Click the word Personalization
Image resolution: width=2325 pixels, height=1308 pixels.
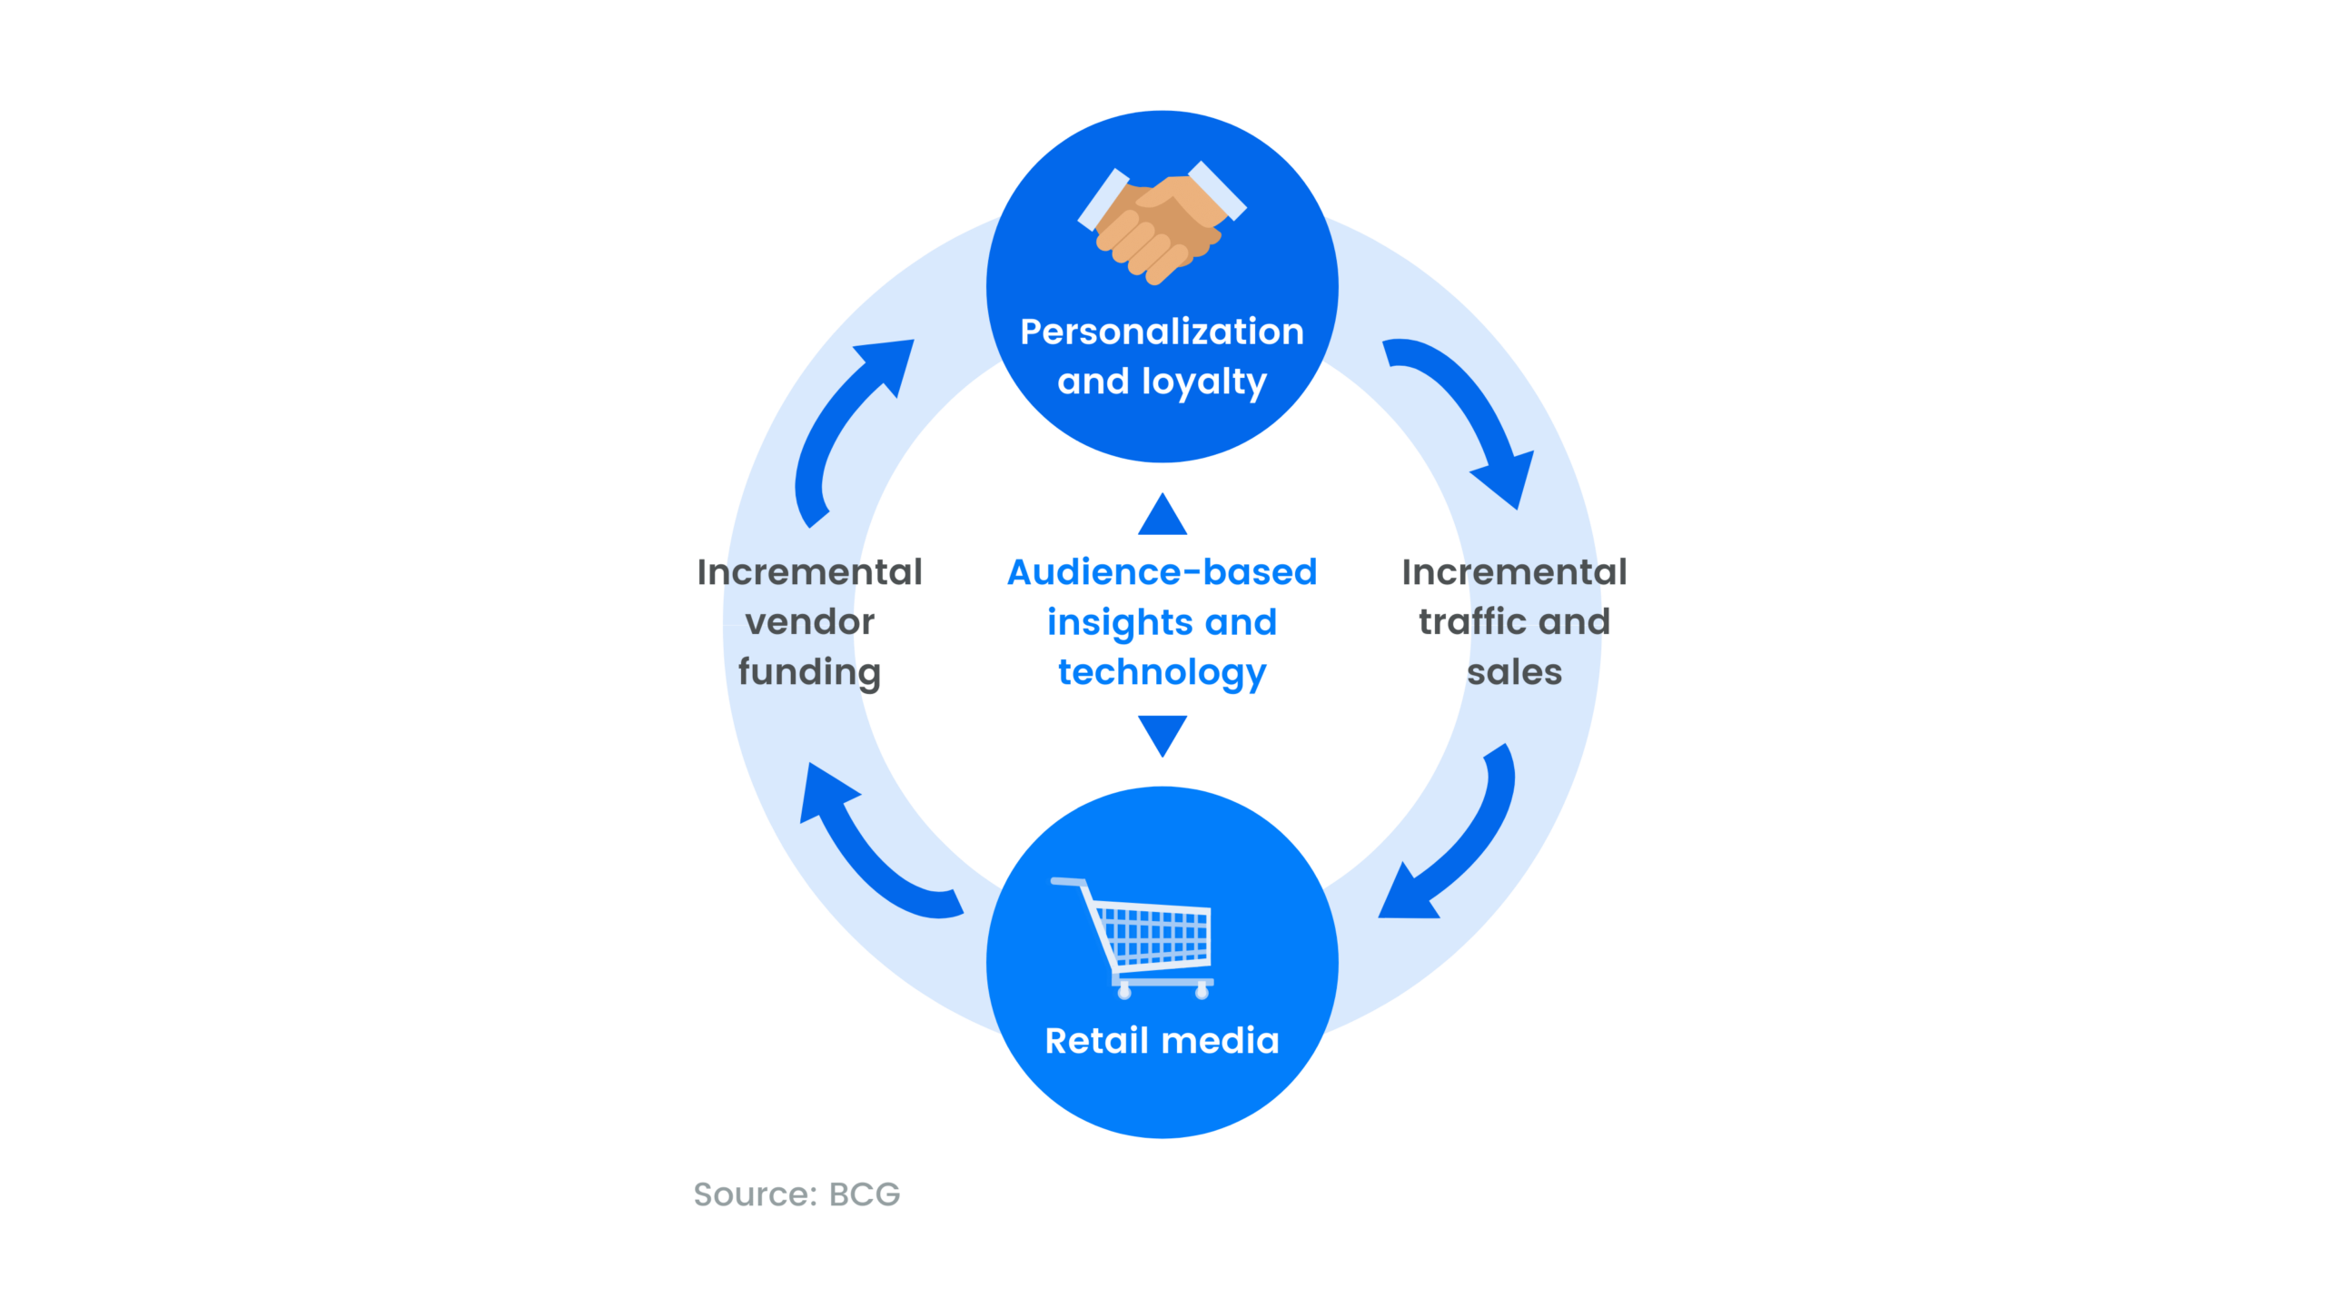(x=1162, y=332)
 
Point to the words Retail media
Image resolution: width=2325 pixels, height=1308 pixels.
(x=1162, y=1040)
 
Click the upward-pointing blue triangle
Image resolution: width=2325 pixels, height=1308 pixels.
(x=1162, y=514)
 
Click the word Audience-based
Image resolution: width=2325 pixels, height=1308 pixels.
(x=1162, y=572)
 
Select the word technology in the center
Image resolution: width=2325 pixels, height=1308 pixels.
(x=1162, y=673)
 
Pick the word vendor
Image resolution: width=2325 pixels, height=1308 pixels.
(x=809, y=622)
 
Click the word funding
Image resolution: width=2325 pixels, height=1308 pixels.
(x=809, y=673)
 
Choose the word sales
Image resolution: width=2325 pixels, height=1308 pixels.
(x=1514, y=673)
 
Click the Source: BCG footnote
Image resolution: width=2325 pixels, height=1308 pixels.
(x=796, y=1194)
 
